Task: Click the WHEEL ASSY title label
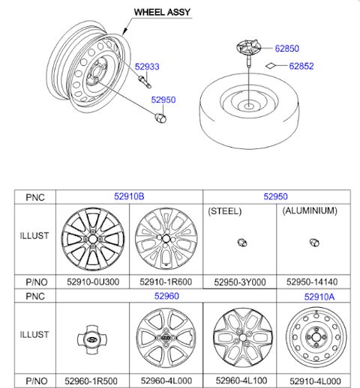point(162,12)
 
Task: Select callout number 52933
point(147,67)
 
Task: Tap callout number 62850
point(287,49)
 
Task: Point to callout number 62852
point(301,66)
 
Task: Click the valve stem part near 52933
point(145,82)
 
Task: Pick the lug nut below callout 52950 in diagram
point(160,118)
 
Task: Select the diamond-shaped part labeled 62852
point(270,66)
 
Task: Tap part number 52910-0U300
point(93,282)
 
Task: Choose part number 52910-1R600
point(166,282)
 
